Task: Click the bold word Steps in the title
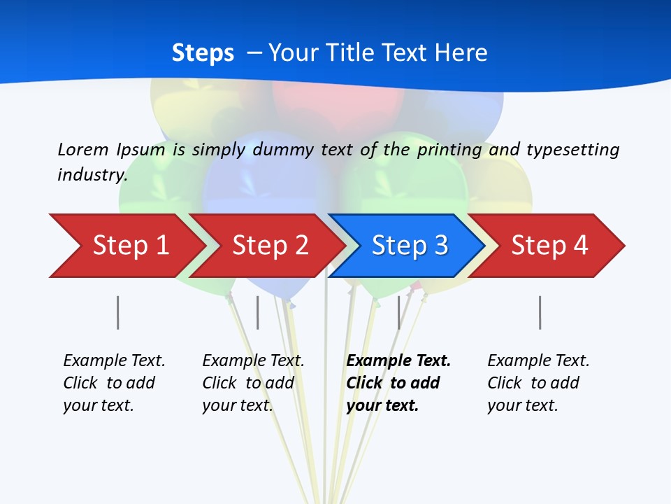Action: tap(203, 53)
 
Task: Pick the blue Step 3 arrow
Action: tap(410, 246)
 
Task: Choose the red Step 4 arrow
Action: tap(549, 246)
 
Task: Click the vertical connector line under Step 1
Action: tap(118, 312)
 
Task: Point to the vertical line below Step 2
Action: tap(258, 312)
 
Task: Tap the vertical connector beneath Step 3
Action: tap(399, 312)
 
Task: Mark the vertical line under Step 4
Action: tap(540, 312)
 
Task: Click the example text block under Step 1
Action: tap(114, 383)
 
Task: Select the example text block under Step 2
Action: tap(253, 383)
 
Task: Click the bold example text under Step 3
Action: tap(398, 383)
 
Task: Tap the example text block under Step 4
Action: tap(538, 383)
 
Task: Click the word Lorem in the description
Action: tap(82, 150)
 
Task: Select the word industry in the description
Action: tap(92, 175)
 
